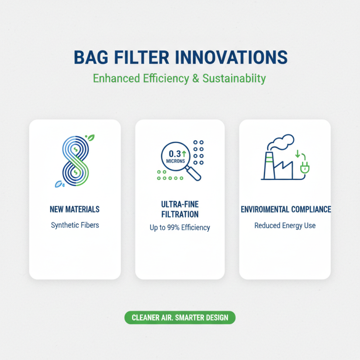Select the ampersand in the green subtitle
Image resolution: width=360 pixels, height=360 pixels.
click(195, 78)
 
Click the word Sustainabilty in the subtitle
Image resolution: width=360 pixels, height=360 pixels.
click(234, 79)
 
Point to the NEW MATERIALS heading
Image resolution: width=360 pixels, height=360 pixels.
click(75, 209)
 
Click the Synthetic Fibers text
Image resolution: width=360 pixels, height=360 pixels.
click(75, 225)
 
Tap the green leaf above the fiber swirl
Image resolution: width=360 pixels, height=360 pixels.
click(90, 138)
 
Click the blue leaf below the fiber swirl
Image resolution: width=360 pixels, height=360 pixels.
click(58, 184)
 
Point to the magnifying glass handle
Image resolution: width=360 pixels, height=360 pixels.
click(195, 174)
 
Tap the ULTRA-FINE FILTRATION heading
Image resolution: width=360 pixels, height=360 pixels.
click(180, 209)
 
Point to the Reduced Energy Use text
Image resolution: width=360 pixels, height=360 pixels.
click(285, 225)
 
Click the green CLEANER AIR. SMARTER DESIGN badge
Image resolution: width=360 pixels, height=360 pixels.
click(180, 318)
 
